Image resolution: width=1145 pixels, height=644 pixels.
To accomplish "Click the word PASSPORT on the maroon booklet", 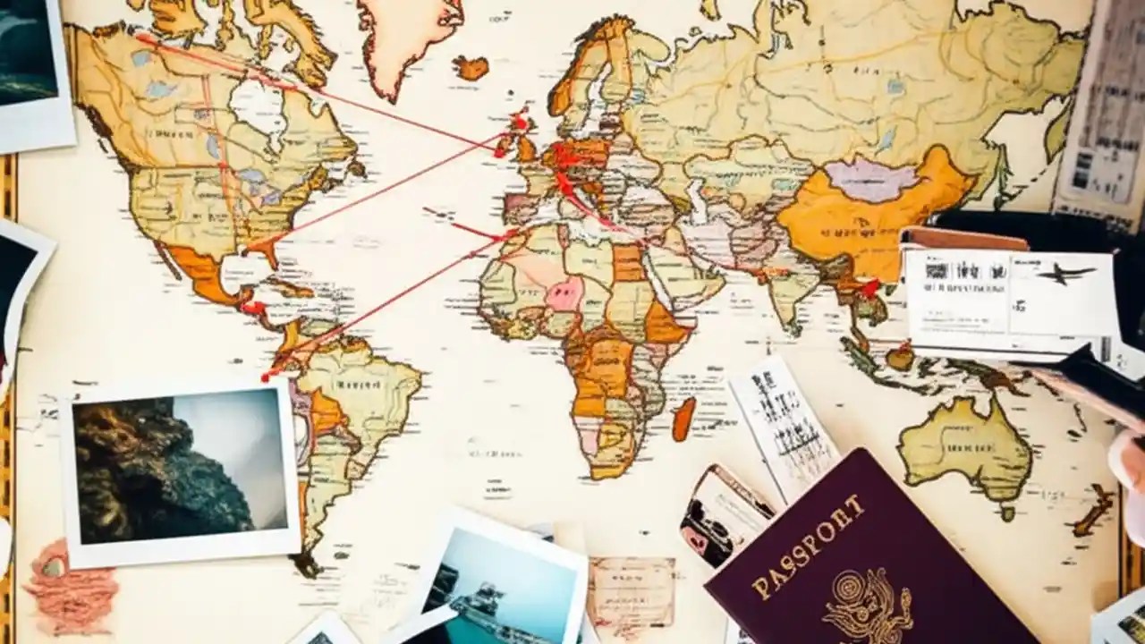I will [x=810, y=547].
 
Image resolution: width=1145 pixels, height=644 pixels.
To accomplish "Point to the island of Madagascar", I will [x=683, y=419].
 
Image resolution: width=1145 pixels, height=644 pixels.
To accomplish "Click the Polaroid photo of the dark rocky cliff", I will [x=179, y=470].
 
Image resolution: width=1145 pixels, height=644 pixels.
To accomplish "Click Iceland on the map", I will [x=471, y=67].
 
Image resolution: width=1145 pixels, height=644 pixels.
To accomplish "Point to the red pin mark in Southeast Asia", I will [x=869, y=287].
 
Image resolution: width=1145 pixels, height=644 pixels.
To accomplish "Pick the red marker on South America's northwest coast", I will [x=268, y=374].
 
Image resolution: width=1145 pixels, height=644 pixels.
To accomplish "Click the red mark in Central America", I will [x=253, y=308].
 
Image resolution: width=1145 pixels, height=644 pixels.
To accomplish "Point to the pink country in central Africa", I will [x=564, y=292].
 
